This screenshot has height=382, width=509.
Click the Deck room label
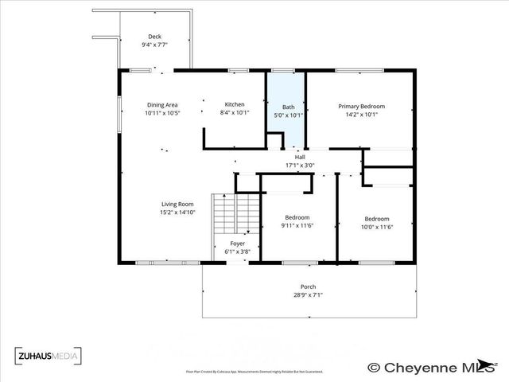(155, 37)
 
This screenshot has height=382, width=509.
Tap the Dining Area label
(161, 105)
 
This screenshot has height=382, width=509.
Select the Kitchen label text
(234, 105)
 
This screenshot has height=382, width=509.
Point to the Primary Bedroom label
(361, 106)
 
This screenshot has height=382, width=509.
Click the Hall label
(300, 158)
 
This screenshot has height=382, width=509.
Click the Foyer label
(238, 244)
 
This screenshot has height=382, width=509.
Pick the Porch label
(308, 286)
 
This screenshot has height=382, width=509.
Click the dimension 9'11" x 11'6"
(297, 226)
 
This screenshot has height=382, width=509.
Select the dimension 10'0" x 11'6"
(377, 228)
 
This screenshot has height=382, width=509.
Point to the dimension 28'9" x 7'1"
(308, 295)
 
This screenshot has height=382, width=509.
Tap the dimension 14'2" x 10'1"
(361, 115)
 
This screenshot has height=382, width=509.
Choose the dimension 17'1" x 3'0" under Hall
(300, 166)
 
